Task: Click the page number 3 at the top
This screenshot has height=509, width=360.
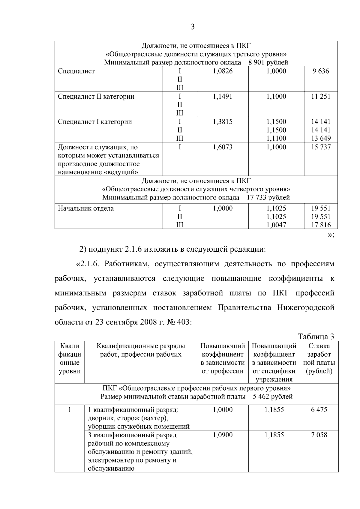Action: tap(193, 27)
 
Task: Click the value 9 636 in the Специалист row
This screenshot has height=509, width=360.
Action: tap(320, 71)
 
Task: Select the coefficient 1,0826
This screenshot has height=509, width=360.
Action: tap(223, 71)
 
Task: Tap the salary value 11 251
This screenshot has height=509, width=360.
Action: tap(320, 97)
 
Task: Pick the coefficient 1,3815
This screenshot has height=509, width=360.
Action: tap(223, 122)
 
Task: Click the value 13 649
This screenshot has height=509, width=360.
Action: tap(320, 139)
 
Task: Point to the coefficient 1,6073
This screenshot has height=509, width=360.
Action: tap(223, 147)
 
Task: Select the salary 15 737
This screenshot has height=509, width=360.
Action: tap(320, 147)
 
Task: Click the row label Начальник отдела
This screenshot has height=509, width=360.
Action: tap(86, 208)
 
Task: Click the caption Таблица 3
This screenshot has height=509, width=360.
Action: tap(316, 337)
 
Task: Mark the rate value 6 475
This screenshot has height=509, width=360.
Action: tap(319, 410)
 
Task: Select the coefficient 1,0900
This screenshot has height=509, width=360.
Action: tap(223, 435)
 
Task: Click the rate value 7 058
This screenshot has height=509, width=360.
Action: tap(319, 435)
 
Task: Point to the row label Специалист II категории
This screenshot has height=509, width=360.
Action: tap(96, 97)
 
